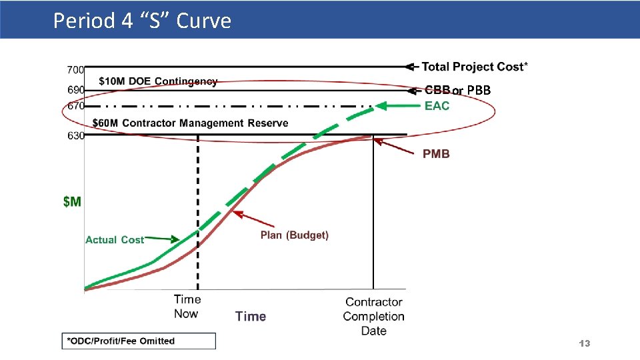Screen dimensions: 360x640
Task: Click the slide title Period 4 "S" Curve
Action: point(142,21)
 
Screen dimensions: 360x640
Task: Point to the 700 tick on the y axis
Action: point(75,69)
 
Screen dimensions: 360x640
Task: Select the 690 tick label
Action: point(75,89)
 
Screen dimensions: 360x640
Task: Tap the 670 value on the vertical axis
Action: point(75,105)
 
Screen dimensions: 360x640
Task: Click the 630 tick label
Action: point(75,135)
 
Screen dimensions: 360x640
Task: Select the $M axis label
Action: point(72,201)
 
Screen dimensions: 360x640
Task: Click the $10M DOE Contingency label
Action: point(158,81)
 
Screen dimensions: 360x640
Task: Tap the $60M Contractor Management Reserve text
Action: point(190,123)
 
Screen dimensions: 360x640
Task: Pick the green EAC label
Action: point(437,106)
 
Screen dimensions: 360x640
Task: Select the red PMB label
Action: point(436,154)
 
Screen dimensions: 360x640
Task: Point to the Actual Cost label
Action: point(114,239)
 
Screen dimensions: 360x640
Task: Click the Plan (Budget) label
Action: point(294,235)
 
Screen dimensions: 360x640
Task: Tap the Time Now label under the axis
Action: point(187,307)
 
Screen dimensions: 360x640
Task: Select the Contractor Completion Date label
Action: point(373,316)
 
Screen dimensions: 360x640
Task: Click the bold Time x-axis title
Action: point(251,316)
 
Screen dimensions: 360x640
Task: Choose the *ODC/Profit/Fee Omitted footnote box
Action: point(139,341)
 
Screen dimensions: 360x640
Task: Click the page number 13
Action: point(585,343)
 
